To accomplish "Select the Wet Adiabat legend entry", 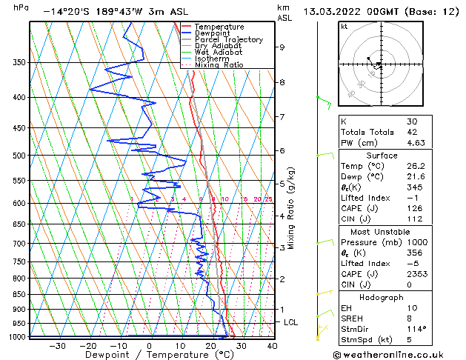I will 219,52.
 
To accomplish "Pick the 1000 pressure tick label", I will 16,337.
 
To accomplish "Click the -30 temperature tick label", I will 57,346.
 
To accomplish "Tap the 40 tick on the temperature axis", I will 272,346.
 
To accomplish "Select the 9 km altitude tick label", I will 282,47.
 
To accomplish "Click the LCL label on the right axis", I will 291,323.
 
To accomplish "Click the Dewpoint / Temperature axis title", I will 150,355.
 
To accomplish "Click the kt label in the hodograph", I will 344,27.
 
